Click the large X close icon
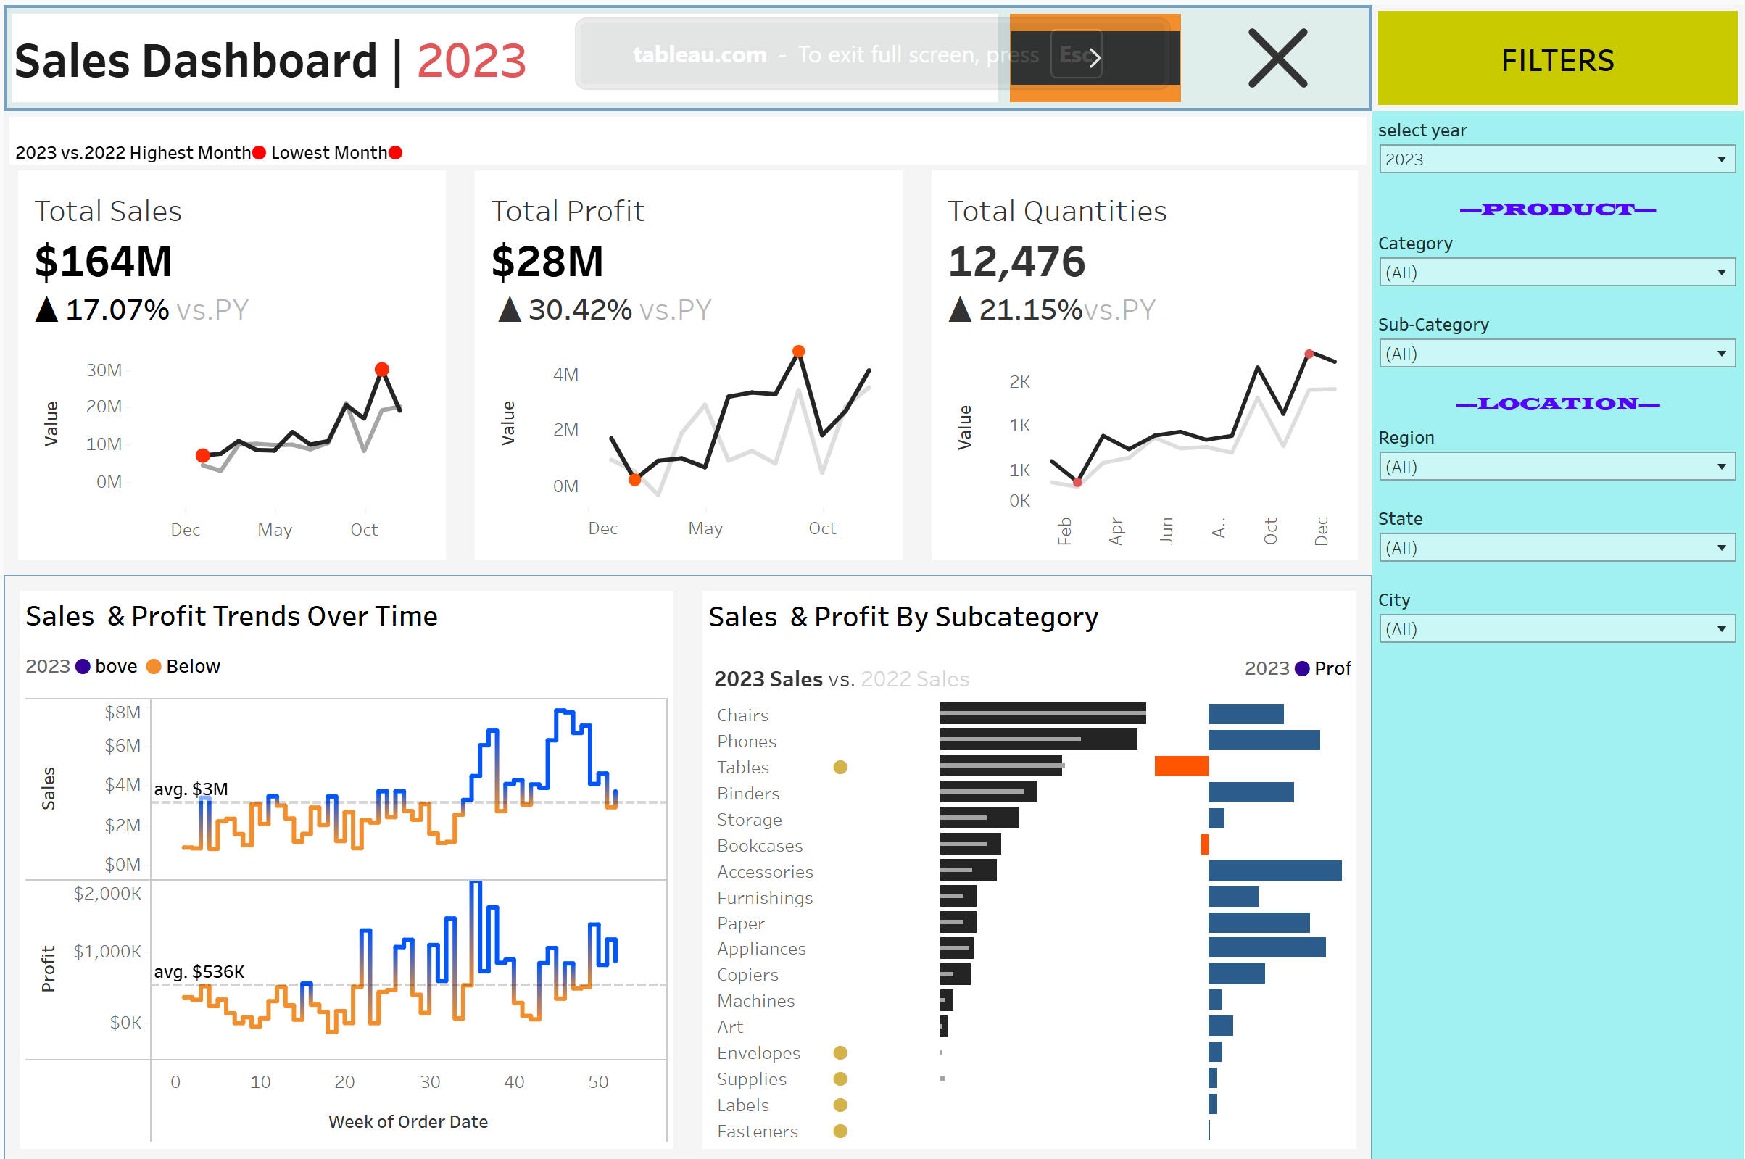click(x=1277, y=59)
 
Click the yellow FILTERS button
click(x=1557, y=59)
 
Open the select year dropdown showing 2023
click(x=1557, y=159)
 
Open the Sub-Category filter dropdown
click(x=1557, y=353)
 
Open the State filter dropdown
click(x=1557, y=548)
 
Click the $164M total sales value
click(x=104, y=262)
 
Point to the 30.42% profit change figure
click(x=580, y=310)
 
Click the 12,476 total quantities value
click(x=1016, y=262)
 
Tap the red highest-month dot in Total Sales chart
click(x=382, y=369)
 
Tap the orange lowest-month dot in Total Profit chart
click(x=635, y=480)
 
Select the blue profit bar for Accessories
click(x=1274, y=871)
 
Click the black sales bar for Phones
click(x=1037, y=740)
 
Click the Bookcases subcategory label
click(x=760, y=846)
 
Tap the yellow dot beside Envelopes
click(x=840, y=1052)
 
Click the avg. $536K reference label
click(x=199, y=971)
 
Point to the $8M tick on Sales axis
click(x=122, y=712)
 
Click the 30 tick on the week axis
click(x=430, y=1082)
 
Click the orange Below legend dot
click(x=154, y=667)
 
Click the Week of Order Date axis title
click(x=408, y=1121)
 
